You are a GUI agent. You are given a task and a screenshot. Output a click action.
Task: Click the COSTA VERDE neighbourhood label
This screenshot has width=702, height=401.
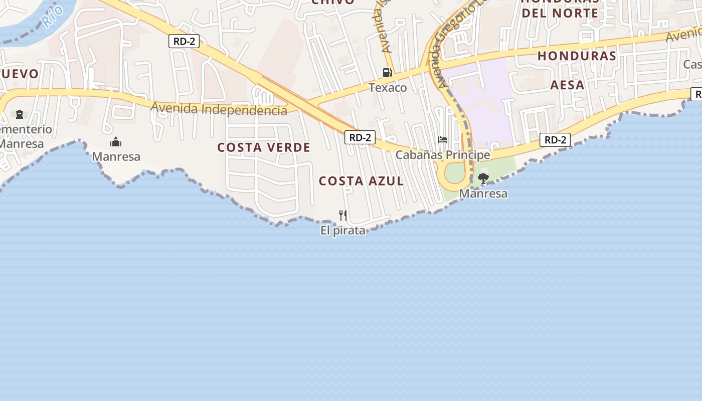click(x=264, y=147)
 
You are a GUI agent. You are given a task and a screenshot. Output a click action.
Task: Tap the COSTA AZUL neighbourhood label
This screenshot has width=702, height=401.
click(x=361, y=181)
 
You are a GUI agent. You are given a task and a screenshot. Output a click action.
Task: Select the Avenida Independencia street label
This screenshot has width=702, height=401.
click(x=219, y=108)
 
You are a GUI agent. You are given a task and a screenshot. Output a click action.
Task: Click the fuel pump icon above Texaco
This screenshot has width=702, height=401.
click(x=387, y=73)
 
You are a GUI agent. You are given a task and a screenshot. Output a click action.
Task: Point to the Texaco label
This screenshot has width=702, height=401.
click(x=388, y=88)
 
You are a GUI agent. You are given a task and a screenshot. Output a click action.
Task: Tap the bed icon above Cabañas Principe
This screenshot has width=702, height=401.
click(x=442, y=140)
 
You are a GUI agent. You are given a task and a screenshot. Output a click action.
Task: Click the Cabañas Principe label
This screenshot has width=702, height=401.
click(x=442, y=155)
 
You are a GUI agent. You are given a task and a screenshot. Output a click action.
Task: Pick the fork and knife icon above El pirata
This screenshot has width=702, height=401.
click(x=343, y=216)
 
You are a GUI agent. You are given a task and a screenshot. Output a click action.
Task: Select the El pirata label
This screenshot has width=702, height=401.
click(x=343, y=231)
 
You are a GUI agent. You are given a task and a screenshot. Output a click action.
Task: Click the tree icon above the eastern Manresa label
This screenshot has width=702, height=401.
click(x=483, y=178)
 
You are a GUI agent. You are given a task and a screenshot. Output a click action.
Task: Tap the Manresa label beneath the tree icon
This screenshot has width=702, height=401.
click(x=483, y=193)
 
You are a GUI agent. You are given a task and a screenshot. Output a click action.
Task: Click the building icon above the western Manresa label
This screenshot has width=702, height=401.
click(x=116, y=142)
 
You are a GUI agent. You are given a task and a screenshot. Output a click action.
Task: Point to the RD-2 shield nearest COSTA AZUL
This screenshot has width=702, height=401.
click(x=360, y=137)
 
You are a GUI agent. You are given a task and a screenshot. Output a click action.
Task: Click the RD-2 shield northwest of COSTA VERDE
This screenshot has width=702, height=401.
click(x=184, y=41)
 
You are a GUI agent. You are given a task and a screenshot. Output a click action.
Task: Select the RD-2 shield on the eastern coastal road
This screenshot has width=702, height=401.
click(x=555, y=140)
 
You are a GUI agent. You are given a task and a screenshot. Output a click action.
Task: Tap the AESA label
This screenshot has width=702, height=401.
click(x=567, y=85)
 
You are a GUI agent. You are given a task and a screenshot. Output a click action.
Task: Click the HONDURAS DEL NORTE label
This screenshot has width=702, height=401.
click(x=560, y=7)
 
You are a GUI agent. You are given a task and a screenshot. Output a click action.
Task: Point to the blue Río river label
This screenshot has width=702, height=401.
click(x=52, y=15)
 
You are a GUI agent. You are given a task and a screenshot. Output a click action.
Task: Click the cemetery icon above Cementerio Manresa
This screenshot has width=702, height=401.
click(x=20, y=114)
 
